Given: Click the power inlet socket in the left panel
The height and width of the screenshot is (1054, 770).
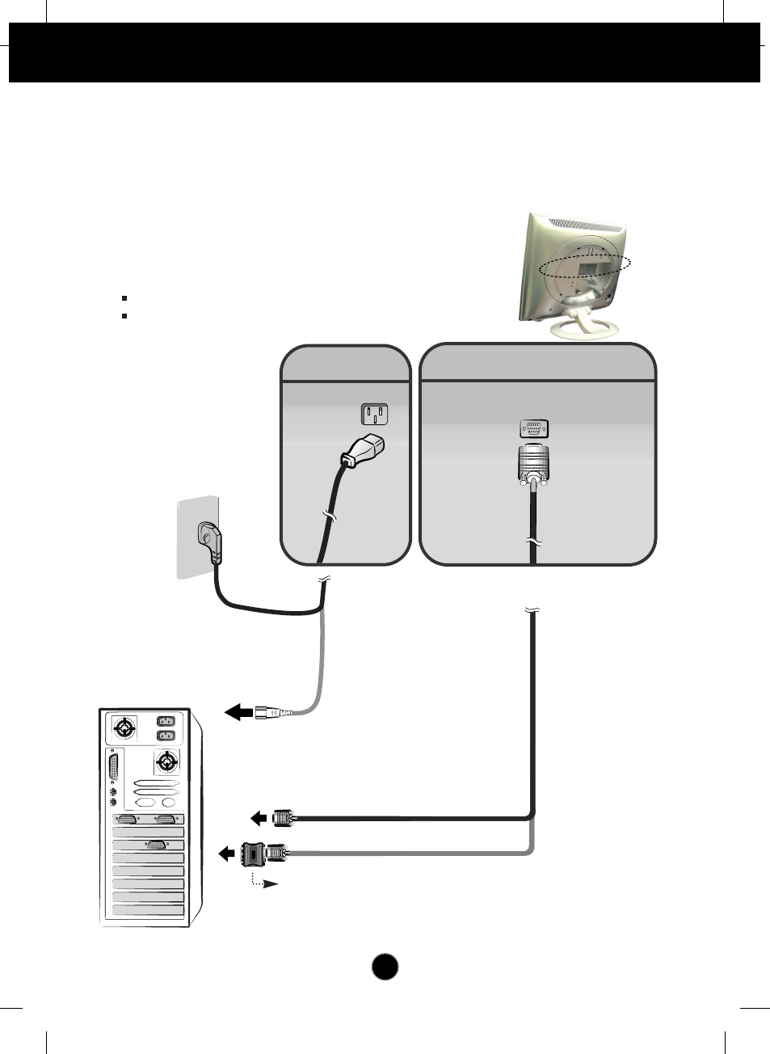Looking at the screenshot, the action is tap(374, 415).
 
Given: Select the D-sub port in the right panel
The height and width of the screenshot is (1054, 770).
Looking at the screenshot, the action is tap(533, 429).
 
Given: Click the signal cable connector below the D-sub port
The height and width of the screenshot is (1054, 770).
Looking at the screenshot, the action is tap(532, 466).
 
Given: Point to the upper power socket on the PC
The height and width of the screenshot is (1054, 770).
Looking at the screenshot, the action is tap(165, 722).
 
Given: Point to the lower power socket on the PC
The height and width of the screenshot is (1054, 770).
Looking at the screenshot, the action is tap(165, 736).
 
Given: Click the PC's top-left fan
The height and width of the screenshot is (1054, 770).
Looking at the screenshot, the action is tap(124, 728).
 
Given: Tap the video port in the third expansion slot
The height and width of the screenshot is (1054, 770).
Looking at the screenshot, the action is tap(156, 845).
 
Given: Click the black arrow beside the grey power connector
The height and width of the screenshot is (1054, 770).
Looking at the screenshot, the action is tap(238, 712).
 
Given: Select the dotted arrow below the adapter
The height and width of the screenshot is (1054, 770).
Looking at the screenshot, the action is tap(264, 882).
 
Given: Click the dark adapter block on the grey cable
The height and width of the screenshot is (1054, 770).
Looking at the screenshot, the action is tap(254, 852).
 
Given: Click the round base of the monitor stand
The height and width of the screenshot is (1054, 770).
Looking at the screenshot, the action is tap(586, 327).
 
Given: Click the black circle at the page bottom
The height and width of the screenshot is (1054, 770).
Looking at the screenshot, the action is tap(385, 968).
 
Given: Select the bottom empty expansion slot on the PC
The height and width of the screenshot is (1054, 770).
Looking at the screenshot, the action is tap(149, 910).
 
